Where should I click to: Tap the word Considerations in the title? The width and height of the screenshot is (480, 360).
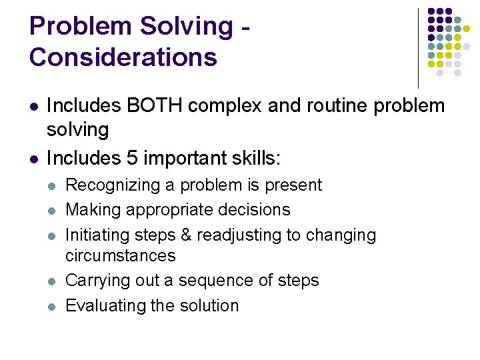coord(123,57)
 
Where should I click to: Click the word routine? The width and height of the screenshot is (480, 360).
coord(339,105)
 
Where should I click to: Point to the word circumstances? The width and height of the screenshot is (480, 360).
coord(121,255)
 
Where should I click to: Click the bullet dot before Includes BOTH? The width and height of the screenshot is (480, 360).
coord(33,106)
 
